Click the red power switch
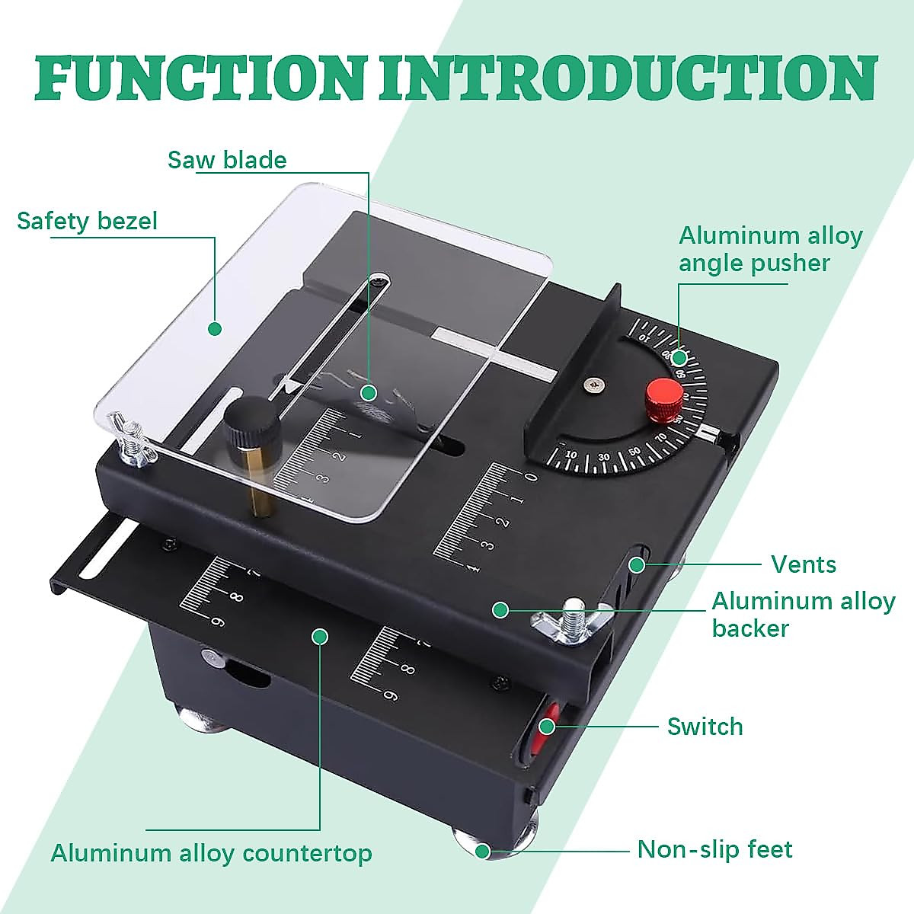pyautogui.click(x=545, y=724)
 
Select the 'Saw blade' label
pyautogui.click(x=227, y=160)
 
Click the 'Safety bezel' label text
pyautogui.click(x=87, y=221)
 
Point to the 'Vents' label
pyautogui.click(x=803, y=564)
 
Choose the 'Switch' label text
pyautogui.click(x=705, y=727)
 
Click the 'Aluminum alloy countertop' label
pyautogui.click(x=211, y=853)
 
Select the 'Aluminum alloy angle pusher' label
pyautogui.click(x=769, y=249)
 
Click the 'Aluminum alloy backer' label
pyautogui.click(x=803, y=614)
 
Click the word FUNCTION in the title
pyautogui.click(x=197, y=78)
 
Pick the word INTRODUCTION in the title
pyautogui.click(x=628, y=78)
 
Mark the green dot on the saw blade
pyautogui.click(x=369, y=393)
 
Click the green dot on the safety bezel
pyautogui.click(x=215, y=329)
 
